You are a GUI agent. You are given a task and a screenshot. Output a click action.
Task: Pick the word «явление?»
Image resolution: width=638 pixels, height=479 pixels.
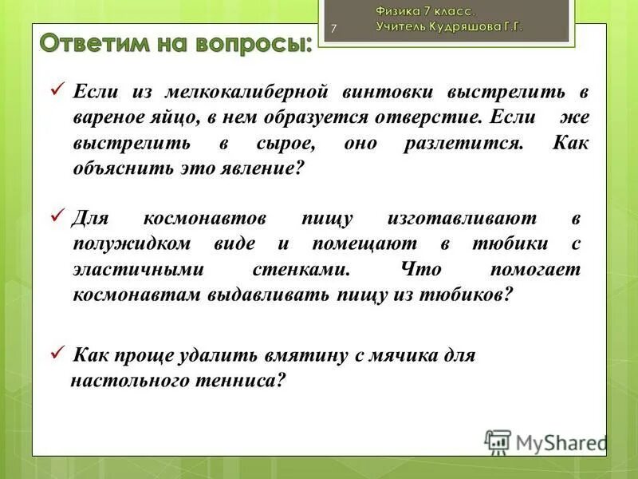[x=263, y=170]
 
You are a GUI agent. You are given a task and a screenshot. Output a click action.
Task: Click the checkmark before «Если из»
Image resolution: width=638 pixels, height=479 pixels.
[x=57, y=89]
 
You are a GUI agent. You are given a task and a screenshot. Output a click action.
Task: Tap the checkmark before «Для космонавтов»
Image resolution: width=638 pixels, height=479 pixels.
[x=57, y=216]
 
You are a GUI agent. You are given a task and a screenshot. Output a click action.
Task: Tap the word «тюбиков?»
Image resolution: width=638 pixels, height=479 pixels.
[x=471, y=295]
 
